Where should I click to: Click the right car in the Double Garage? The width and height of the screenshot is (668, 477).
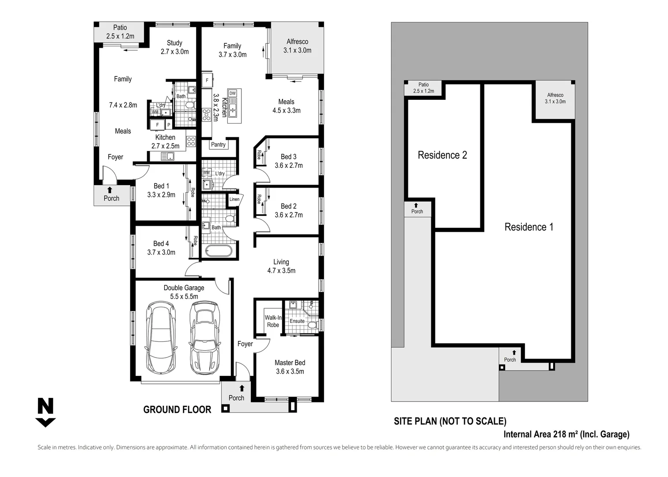coord(204,337)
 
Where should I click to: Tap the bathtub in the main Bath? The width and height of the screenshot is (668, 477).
coord(218,251)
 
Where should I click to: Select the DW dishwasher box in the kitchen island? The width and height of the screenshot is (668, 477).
coord(233,93)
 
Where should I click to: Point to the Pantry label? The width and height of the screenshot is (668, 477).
coord(218,144)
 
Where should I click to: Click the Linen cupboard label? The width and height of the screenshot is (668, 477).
coord(234,199)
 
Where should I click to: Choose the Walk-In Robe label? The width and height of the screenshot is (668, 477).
coord(273,321)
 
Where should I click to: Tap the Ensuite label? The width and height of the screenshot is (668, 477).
coord(297,321)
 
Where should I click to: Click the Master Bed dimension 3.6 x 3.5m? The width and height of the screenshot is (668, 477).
coord(290,371)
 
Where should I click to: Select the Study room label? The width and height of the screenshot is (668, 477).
coord(174,43)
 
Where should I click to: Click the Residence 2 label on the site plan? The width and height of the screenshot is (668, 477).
coord(442,155)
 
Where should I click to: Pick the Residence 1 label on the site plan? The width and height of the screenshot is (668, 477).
coord(528,227)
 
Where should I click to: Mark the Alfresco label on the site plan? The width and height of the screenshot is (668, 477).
coord(555,95)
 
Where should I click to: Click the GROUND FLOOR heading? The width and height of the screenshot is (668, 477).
coord(177,410)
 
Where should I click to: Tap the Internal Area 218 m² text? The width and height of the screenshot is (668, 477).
coord(566,434)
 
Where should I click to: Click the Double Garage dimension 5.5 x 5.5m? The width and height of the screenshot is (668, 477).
coord(184,296)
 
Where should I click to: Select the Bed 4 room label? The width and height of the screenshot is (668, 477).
coord(161,243)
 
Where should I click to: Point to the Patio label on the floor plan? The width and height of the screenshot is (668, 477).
coord(120,27)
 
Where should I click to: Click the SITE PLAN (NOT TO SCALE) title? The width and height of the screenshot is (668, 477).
coord(450,421)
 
